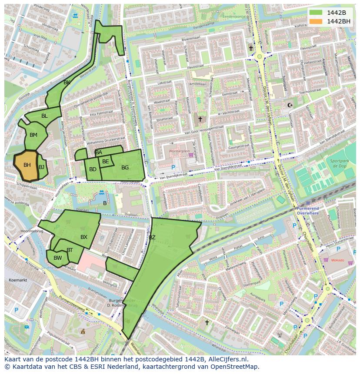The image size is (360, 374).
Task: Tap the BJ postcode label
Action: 41,167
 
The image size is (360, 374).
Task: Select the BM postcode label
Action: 33,135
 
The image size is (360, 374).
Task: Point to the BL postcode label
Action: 44,116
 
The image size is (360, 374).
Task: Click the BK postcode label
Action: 67,83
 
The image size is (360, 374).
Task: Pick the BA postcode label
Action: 99,152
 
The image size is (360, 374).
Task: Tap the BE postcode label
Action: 106,162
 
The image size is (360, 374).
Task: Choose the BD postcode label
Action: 93,169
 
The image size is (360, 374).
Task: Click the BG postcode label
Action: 125,168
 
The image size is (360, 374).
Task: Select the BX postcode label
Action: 84,237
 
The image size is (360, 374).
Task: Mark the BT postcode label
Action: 70,250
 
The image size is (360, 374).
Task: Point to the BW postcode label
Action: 58,258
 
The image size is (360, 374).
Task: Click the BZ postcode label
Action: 152,238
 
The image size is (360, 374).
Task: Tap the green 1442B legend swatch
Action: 316,12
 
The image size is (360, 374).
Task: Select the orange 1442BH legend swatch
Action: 316,21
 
